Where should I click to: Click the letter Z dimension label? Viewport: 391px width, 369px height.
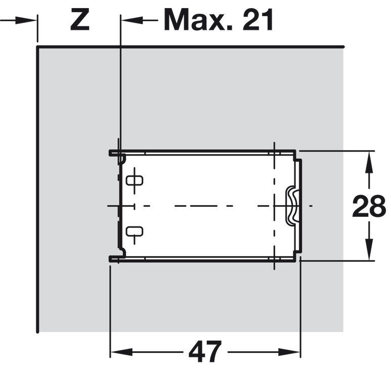(80, 20)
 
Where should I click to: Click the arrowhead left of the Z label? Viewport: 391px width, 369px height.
(25, 20)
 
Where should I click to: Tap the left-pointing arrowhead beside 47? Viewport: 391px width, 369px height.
(121, 352)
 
